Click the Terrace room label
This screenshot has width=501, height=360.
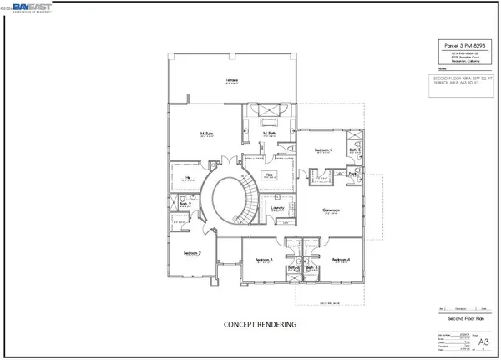click(232, 81)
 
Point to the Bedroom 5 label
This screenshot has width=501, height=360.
click(324, 150)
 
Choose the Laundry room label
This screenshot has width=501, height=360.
click(278, 208)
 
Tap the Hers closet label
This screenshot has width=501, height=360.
click(269, 175)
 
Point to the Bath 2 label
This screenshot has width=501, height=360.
click(186, 204)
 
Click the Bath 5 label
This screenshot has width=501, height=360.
click(354, 150)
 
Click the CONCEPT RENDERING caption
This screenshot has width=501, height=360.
click(260, 322)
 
